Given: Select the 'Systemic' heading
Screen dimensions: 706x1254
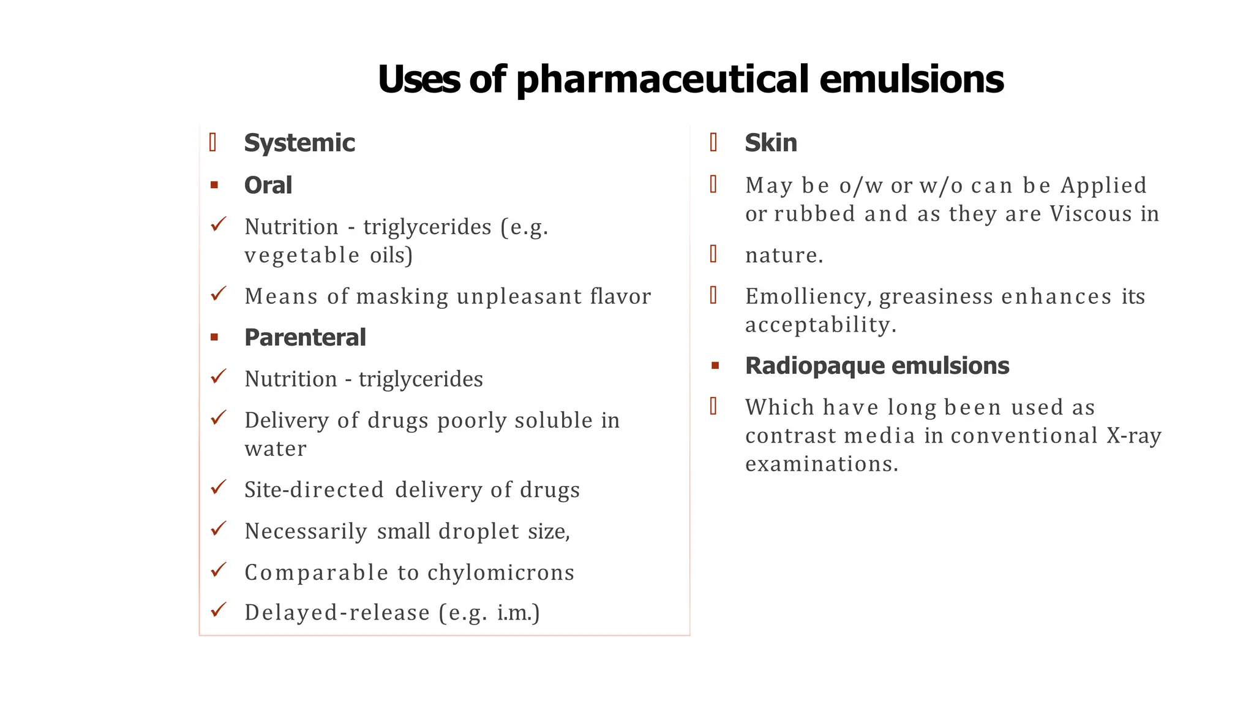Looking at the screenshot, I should (299, 143).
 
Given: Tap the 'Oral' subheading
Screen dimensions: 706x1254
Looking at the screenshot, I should (268, 185).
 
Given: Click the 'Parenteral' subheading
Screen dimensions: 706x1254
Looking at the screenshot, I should (305, 337).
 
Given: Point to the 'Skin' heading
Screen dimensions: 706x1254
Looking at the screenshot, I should (771, 143).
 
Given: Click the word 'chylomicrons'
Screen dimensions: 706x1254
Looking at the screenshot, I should (501, 572).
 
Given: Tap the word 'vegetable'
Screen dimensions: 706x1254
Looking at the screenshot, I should (302, 255).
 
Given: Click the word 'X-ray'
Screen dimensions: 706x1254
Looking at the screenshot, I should (1134, 436).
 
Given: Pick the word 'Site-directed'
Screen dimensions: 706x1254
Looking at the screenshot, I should (314, 490).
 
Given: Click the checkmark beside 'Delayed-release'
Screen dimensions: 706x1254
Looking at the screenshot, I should (219, 610).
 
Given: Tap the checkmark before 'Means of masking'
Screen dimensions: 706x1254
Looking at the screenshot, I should (219, 294).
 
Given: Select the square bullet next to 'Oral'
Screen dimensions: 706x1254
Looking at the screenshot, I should (214, 185).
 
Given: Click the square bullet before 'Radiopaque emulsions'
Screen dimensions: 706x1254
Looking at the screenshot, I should (715, 366).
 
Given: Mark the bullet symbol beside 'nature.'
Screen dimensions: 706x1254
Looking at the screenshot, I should (713, 254).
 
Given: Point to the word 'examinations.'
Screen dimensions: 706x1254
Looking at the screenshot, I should (822, 464).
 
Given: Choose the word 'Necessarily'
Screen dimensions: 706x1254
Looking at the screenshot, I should (306, 531).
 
